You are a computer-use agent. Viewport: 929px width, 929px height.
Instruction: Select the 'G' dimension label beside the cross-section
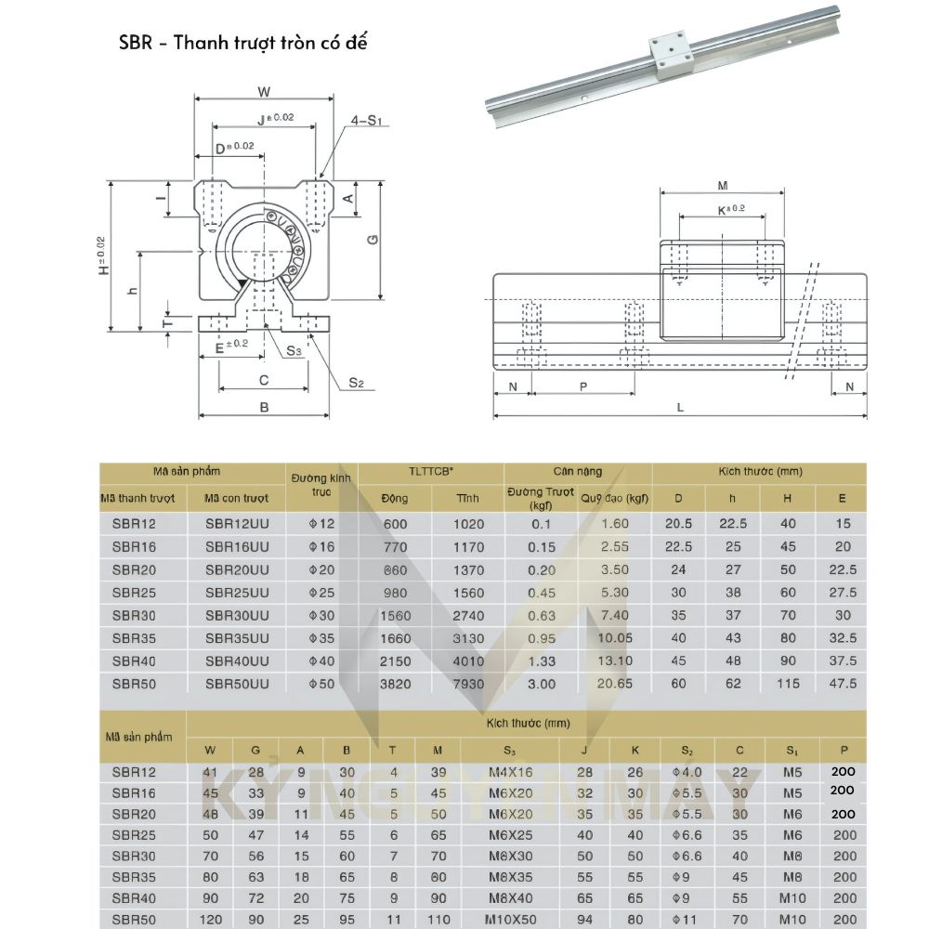[372, 240]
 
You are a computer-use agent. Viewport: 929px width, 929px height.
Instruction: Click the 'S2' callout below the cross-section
[356, 382]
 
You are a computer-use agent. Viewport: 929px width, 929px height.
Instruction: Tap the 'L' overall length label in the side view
[680, 406]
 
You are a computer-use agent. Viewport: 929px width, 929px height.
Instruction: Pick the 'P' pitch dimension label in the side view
[583, 386]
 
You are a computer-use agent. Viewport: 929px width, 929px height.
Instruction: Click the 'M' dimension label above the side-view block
[723, 185]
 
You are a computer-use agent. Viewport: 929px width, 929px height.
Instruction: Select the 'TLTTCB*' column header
[430, 472]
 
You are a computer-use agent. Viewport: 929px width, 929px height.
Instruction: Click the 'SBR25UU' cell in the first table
[237, 593]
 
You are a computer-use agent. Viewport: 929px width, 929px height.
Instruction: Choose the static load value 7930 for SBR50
[468, 684]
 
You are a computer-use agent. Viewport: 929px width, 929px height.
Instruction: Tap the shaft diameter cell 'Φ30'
[321, 615]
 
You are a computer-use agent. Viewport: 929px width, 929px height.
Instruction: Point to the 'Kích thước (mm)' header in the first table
[759, 472]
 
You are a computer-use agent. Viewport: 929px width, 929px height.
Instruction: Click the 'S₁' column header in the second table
[792, 750]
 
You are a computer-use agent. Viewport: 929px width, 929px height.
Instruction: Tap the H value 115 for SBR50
[788, 684]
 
